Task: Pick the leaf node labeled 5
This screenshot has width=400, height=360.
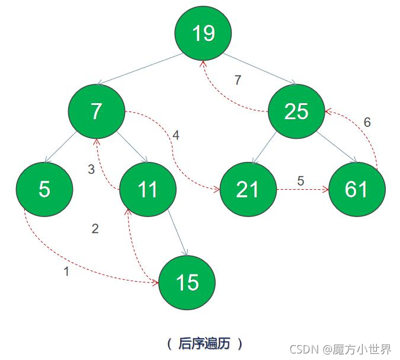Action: [x=44, y=189]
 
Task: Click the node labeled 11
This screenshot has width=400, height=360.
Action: [x=148, y=189]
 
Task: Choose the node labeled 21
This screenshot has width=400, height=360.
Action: [x=248, y=189]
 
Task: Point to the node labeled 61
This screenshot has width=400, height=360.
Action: [x=357, y=189]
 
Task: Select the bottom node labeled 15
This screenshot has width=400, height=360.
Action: [x=187, y=282]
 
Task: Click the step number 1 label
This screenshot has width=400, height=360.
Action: [x=66, y=272]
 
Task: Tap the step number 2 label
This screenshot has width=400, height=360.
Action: [x=95, y=229]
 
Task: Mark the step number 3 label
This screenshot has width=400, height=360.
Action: [x=91, y=170]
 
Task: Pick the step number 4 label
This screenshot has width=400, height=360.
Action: [x=175, y=135]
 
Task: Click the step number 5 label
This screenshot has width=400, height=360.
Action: [x=300, y=181]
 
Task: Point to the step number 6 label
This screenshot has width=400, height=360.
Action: [x=367, y=123]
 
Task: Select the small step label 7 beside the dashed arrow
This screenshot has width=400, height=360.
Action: [x=238, y=81]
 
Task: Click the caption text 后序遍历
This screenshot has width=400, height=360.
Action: [x=203, y=343]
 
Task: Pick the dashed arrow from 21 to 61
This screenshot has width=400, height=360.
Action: [x=302, y=190]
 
